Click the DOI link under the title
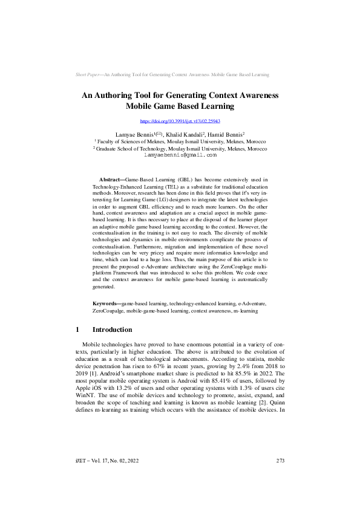click(180, 122)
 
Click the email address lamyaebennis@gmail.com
click(180, 155)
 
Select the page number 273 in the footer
click(280, 478)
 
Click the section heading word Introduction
click(112, 329)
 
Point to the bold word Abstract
click(110, 180)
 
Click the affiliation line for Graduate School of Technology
click(180, 148)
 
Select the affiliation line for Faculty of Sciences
click(180, 141)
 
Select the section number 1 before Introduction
click(78, 329)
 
